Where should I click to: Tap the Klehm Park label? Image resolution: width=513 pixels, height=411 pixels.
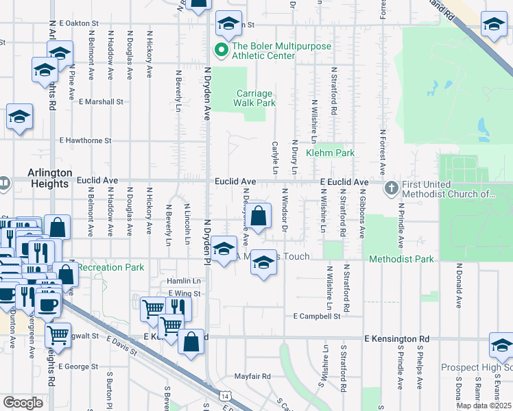(x=330, y=153)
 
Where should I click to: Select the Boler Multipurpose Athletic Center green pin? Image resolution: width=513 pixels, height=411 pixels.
(x=221, y=49)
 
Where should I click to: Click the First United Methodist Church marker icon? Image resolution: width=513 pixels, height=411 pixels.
(x=391, y=187)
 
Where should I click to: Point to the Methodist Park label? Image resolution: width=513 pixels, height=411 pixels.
(x=401, y=259)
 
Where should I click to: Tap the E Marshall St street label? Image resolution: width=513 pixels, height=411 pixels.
(x=101, y=101)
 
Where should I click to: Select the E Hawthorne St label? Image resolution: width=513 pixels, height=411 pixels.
(x=85, y=140)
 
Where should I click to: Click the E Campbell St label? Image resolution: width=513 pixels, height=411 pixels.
(x=316, y=316)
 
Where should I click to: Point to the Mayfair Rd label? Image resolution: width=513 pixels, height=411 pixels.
(x=252, y=376)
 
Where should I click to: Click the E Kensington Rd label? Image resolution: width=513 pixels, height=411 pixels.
(x=396, y=339)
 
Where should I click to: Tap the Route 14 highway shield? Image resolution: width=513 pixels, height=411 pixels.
(x=224, y=396)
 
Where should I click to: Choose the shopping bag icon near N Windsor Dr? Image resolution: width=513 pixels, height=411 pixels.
(x=259, y=217)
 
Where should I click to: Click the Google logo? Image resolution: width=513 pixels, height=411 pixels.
(x=23, y=403)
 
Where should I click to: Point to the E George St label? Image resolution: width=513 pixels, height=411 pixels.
(x=80, y=366)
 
